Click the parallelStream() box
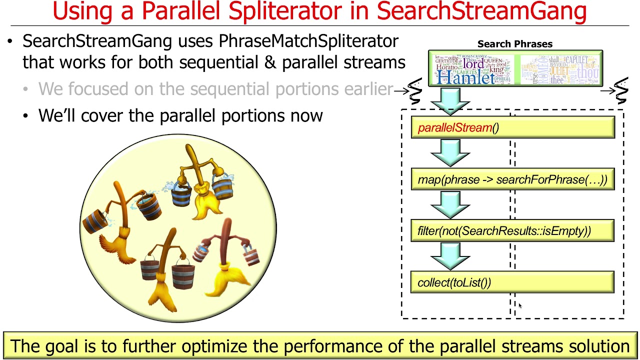512,128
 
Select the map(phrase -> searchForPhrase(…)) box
512,179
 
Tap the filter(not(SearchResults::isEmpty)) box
512,231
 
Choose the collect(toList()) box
512,282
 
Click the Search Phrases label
514,44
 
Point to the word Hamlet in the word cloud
465,77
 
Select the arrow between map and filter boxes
449,204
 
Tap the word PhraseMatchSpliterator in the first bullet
308,41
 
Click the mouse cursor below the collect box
520,305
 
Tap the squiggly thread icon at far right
621,91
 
